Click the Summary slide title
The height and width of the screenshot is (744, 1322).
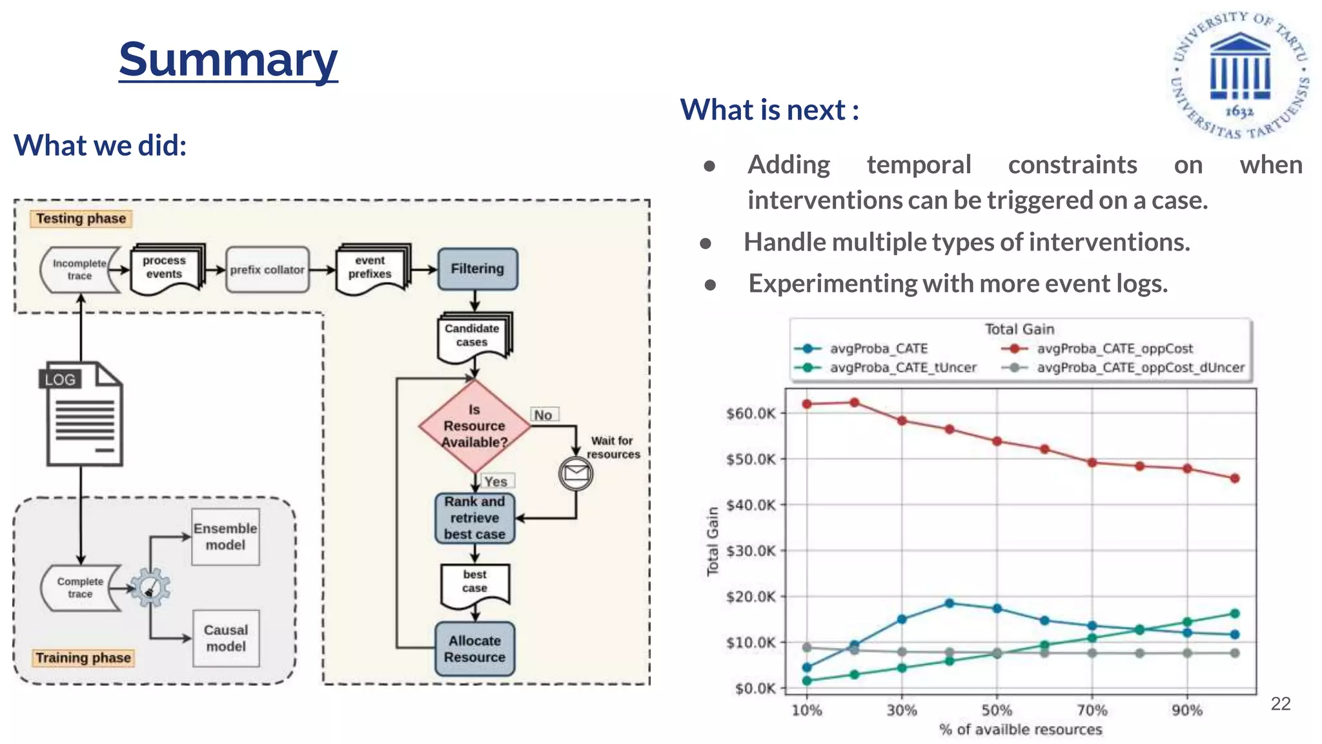(x=228, y=59)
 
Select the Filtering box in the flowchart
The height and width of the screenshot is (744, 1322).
(x=477, y=269)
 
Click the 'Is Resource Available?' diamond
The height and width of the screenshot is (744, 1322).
(x=474, y=426)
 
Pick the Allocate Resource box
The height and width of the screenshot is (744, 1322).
(x=474, y=649)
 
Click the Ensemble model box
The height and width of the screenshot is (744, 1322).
(x=225, y=537)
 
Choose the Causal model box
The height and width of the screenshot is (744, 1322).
(x=225, y=638)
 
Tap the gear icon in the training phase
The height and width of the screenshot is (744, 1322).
(x=150, y=587)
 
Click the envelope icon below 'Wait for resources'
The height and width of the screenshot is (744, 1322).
(x=575, y=474)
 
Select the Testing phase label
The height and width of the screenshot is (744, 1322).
(x=81, y=218)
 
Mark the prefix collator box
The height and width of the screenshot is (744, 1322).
(x=267, y=269)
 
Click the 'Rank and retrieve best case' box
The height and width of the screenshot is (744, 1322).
(x=474, y=518)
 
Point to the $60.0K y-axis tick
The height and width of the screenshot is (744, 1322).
(x=751, y=413)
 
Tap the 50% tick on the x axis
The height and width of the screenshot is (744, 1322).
(x=997, y=710)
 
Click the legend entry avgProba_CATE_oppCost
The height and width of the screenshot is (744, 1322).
(x=1114, y=349)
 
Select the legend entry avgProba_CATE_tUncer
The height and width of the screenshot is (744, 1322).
(x=902, y=367)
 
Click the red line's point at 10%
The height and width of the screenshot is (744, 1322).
(x=807, y=404)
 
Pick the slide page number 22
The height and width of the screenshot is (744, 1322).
(x=1280, y=703)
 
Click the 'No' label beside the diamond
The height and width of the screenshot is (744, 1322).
(x=543, y=415)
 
